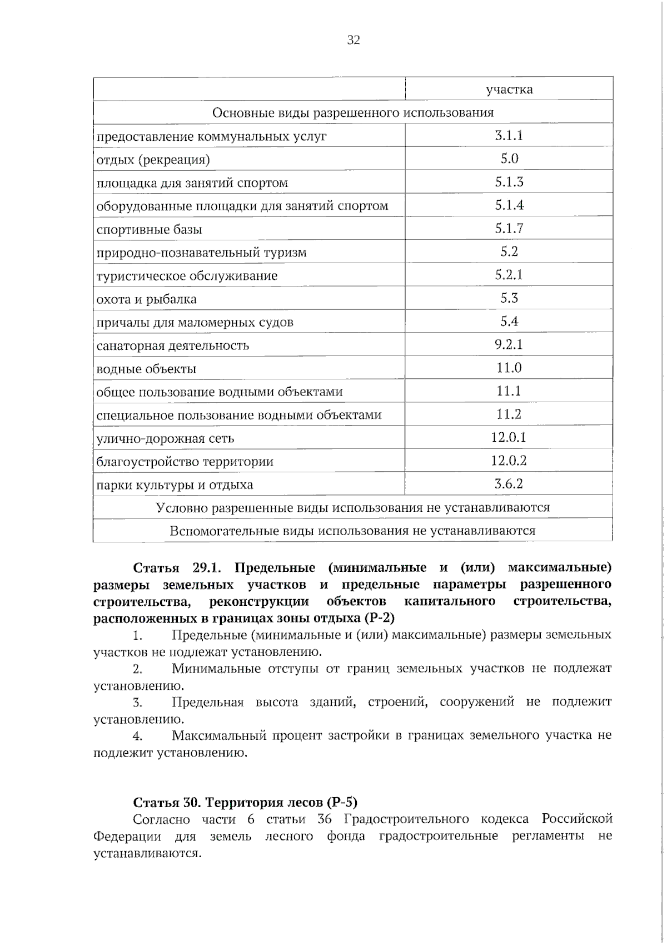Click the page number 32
point(354,40)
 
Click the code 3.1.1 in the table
point(509,136)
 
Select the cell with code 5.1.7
point(509,229)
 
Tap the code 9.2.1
point(509,345)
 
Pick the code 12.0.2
point(509,461)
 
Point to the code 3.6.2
point(509,484)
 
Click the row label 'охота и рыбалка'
point(146,299)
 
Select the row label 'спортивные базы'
point(149,230)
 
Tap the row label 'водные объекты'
point(146,369)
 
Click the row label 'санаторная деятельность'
point(172,345)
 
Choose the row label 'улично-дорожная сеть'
point(165,438)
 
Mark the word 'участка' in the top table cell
point(509,90)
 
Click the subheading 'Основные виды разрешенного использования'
point(353,113)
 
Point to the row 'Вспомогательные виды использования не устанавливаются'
point(352,531)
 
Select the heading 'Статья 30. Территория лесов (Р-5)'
point(245,802)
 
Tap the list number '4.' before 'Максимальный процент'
point(138,736)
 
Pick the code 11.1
point(509,391)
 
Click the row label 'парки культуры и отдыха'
point(175,485)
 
